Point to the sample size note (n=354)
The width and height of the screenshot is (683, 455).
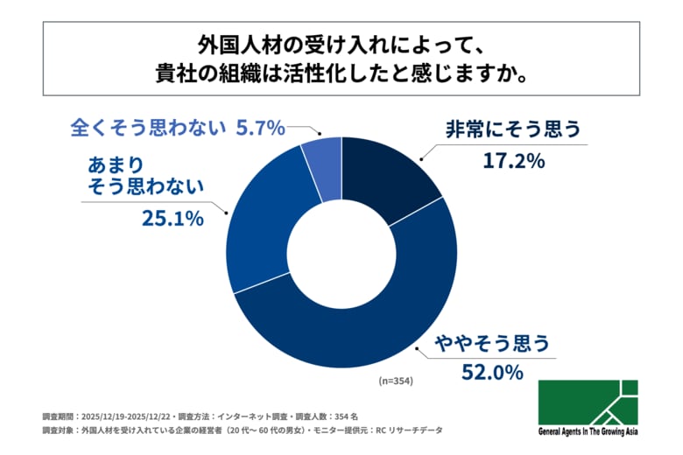click(395, 381)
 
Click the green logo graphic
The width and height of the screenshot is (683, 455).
click(588, 403)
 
